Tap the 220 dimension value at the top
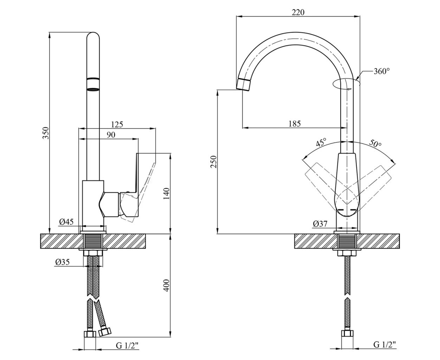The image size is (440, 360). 298,12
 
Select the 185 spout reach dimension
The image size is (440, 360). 295,124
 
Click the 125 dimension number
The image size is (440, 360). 117,124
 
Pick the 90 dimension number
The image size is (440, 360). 111,135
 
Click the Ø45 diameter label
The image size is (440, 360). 66,221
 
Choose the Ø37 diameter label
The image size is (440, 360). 320,223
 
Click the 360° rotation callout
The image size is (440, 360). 382,71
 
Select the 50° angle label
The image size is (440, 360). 375,143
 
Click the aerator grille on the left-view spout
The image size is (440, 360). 93,89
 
